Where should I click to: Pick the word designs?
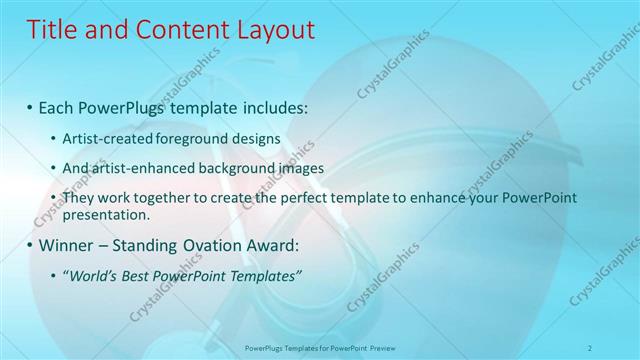pyautogui.click(x=258, y=137)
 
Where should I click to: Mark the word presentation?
pyautogui.click(x=106, y=214)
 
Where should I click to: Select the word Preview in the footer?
pyautogui.click(x=381, y=348)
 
